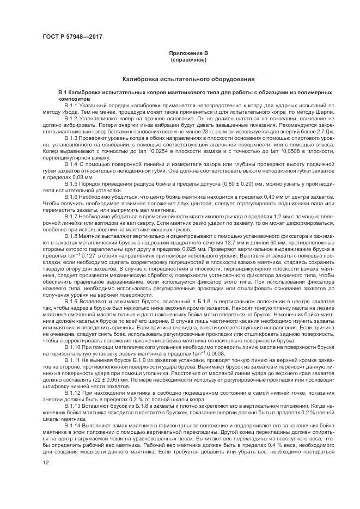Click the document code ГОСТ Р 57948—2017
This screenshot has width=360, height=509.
pyautogui.click(x=72, y=36)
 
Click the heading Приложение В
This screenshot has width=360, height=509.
pyautogui.click(x=188, y=53)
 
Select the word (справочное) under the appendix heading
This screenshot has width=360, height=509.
pyautogui.click(x=188, y=59)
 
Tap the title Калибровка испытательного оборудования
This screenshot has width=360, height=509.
pyautogui.click(x=188, y=79)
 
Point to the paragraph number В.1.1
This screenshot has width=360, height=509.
pyautogui.click(x=72, y=105)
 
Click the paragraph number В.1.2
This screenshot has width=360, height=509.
pyautogui.click(x=72, y=118)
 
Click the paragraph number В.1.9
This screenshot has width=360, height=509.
pyautogui.click(x=72, y=301)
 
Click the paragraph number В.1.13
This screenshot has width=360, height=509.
pyautogui.click(x=73, y=405)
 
